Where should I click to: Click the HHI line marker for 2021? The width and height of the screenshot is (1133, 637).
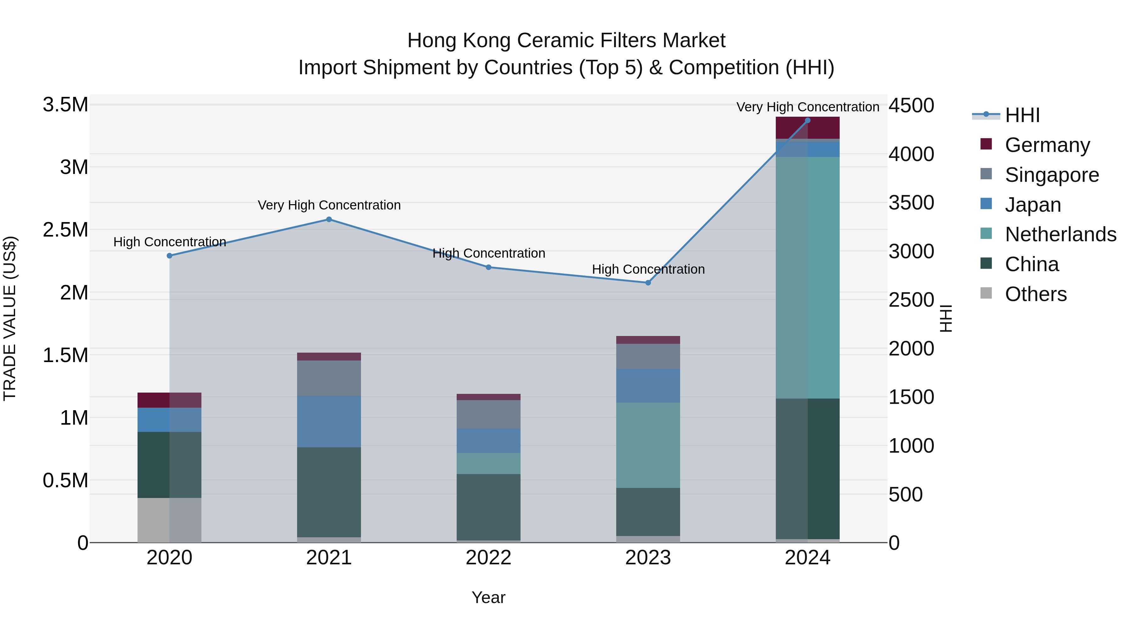(x=329, y=219)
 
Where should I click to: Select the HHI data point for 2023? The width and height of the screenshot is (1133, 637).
(x=648, y=283)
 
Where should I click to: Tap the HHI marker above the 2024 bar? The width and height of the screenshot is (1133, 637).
(x=808, y=120)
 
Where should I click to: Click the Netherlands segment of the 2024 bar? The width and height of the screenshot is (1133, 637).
(x=808, y=277)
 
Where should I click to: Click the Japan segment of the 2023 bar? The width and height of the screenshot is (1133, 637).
(x=648, y=386)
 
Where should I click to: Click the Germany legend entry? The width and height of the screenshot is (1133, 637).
(x=1047, y=145)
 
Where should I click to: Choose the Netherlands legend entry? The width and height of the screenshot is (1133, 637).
(x=1060, y=234)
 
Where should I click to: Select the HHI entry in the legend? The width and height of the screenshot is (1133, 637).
(x=1022, y=115)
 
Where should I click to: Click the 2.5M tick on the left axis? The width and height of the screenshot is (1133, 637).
(x=65, y=230)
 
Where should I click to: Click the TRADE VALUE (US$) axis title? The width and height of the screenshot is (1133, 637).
(x=10, y=318)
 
